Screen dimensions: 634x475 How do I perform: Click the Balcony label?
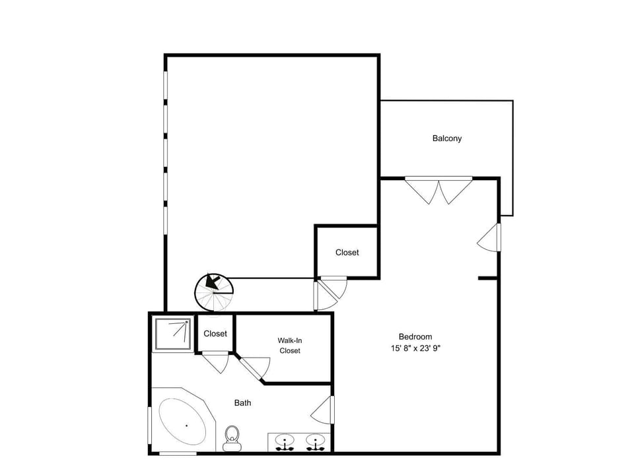[447, 138]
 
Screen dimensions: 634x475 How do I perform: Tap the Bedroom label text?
[415, 336]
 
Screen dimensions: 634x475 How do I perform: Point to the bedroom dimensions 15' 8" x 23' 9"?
[415, 348]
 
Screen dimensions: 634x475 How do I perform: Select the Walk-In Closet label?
[290, 345]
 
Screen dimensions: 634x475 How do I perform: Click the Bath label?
[242, 402]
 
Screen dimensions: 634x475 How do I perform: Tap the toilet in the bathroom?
[232, 438]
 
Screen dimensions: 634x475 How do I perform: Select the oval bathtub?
[182, 422]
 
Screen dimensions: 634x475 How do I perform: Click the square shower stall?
[172, 334]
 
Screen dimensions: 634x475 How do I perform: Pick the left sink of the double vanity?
[285, 441]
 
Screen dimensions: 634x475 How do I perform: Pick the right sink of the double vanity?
[316, 441]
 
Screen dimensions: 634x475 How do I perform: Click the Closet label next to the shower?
[215, 334]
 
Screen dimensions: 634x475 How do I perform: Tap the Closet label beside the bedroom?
[347, 253]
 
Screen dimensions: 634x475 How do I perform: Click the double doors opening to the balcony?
[439, 190]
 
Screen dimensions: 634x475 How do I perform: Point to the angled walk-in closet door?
[253, 367]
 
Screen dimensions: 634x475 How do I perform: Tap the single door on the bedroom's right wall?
[489, 237]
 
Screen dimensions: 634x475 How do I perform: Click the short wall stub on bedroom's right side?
[488, 278]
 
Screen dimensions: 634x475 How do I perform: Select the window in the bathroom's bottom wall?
[178, 454]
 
